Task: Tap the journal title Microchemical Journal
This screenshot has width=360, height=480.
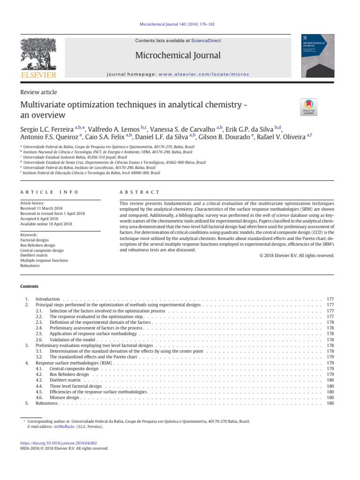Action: (178, 56)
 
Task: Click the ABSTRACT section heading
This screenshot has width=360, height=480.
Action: (140, 192)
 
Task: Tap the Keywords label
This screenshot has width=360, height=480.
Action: (29, 235)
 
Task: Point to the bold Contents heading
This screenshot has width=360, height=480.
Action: (29, 286)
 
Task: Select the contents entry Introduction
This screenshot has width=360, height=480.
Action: (48, 299)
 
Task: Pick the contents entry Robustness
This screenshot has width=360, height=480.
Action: (47, 403)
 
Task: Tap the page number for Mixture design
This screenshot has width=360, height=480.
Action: (330, 397)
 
